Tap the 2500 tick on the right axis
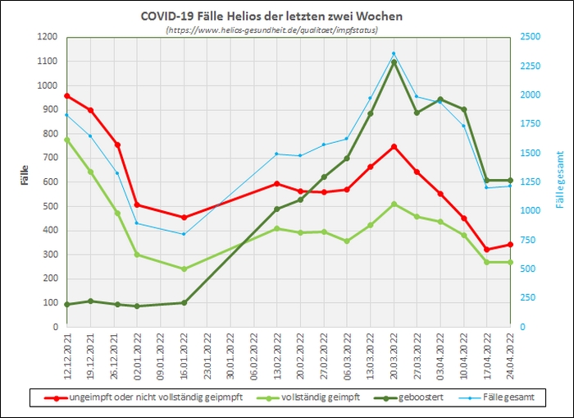click(530, 37)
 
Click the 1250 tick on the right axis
click(530, 181)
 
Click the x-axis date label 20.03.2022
click(394, 351)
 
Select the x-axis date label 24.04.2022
click(510, 351)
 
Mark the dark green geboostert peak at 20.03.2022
click(394, 62)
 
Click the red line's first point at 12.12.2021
click(67, 95)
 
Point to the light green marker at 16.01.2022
click(184, 269)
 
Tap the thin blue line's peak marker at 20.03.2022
click(394, 53)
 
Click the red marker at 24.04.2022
click(510, 244)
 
